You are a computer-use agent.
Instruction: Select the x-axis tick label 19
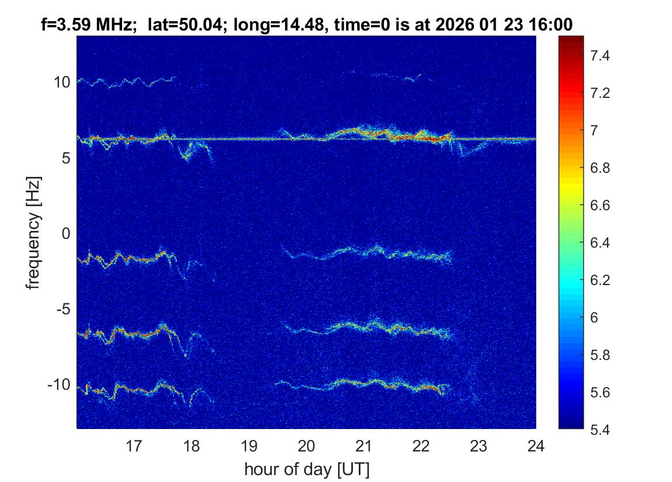point(249,447)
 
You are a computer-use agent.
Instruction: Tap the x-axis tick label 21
point(363,447)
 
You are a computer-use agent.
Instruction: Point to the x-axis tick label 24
point(536,447)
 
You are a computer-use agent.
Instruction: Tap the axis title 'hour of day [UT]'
point(306,469)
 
